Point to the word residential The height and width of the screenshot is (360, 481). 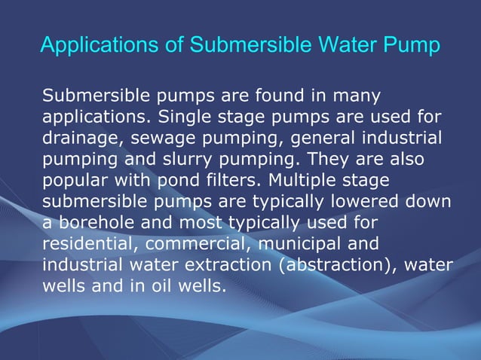pos(81,244)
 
